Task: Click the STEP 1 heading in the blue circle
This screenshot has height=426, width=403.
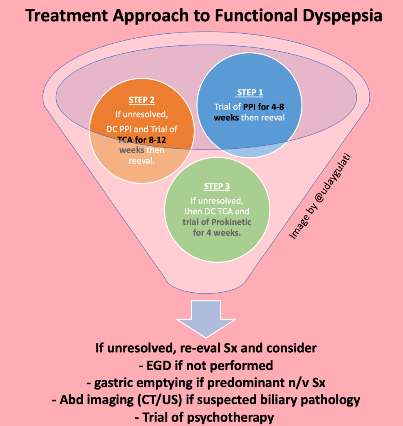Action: (x=250, y=93)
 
